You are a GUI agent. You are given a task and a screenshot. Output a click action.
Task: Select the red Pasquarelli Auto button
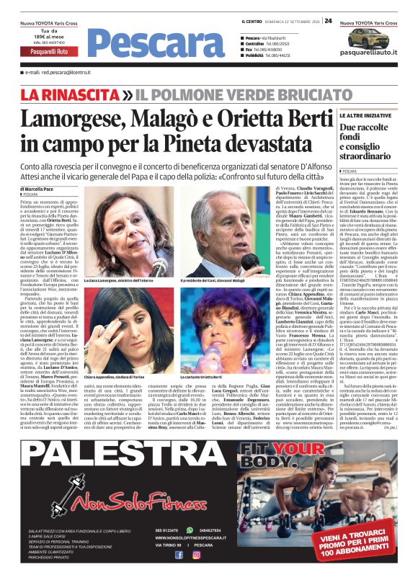pos(49,52)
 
